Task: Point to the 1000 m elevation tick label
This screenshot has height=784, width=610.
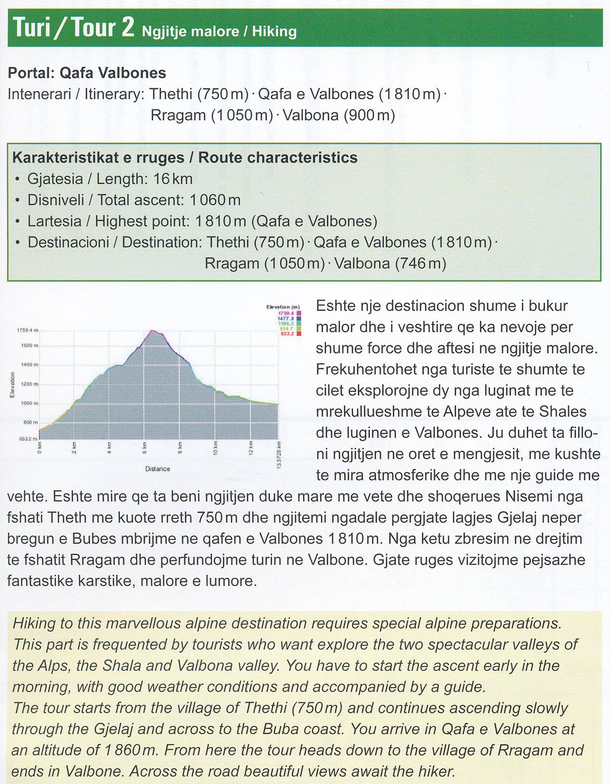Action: (29, 403)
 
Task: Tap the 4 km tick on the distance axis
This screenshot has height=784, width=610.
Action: (109, 447)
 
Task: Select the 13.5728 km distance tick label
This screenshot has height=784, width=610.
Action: (279, 455)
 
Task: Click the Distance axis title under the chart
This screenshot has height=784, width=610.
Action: (158, 469)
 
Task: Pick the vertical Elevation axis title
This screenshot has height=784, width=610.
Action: (12, 385)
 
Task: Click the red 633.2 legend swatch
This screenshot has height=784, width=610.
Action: (299, 334)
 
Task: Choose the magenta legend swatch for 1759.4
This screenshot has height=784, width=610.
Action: (299, 313)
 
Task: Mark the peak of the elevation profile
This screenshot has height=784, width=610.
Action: (152, 331)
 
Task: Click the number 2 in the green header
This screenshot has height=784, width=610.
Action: (127, 27)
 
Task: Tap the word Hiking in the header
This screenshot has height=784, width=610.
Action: (274, 31)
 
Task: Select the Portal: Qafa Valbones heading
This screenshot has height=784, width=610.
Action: (87, 73)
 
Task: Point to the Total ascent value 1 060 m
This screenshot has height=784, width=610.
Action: (215, 200)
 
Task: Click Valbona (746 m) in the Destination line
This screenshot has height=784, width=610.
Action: (390, 263)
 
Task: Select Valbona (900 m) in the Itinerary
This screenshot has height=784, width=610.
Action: (339, 115)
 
